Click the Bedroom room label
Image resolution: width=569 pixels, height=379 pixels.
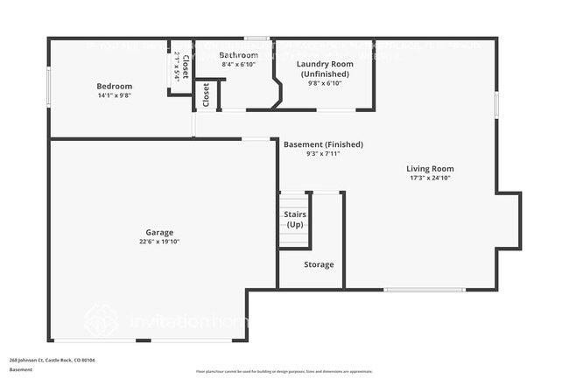(114, 86)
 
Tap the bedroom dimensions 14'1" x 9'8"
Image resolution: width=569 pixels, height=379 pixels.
(114, 95)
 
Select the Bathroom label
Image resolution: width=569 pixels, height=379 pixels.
(238, 55)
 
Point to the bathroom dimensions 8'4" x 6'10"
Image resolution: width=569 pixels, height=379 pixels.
(238, 65)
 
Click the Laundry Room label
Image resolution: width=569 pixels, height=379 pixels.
(324, 64)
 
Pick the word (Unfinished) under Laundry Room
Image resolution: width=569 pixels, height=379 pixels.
(324, 74)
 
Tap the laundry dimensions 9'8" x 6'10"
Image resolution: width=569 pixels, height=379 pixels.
(324, 83)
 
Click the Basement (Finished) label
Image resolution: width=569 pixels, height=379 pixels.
(323, 144)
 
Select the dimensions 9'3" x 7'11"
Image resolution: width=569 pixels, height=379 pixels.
(323, 153)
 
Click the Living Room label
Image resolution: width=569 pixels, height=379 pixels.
(430, 168)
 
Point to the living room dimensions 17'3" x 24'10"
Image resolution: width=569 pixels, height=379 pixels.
(430, 178)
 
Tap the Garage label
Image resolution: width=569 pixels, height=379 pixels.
(158, 232)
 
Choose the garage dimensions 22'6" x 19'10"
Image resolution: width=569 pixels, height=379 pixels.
(158, 242)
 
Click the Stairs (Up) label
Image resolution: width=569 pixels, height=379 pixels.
(294, 219)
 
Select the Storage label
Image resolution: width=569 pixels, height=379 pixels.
(319, 264)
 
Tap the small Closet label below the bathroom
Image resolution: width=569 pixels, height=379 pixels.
(206, 95)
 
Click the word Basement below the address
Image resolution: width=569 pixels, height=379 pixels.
(21, 369)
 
